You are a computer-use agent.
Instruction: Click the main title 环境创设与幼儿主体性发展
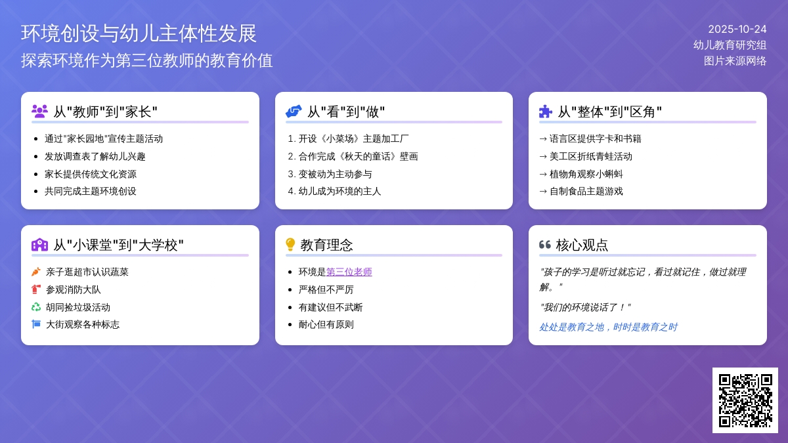click(x=139, y=33)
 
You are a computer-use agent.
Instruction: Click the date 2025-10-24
click(x=737, y=29)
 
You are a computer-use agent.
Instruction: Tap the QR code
click(x=745, y=400)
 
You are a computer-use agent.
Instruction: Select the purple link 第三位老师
click(x=349, y=272)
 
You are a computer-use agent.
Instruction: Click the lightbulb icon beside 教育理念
click(x=290, y=245)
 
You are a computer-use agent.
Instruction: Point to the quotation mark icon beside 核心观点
click(x=544, y=245)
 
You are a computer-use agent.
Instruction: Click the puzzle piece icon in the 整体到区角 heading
click(x=545, y=112)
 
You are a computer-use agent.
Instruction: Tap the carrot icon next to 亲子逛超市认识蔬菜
click(x=36, y=272)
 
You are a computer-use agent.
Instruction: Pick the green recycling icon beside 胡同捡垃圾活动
click(x=36, y=306)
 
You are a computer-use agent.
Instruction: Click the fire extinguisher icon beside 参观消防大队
click(x=36, y=289)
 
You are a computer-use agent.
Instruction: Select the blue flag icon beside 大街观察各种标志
click(x=36, y=324)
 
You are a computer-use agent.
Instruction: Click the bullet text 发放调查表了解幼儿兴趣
click(x=95, y=156)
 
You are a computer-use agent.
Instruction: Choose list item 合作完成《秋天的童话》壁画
click(x=358, y=156)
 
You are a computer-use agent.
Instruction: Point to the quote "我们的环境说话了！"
click(x=585, y=307)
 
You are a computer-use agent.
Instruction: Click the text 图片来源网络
click(x=735, y=60)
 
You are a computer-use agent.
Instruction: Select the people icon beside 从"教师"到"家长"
click(x=39, y=112)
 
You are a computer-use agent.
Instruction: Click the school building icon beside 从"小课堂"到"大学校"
click(x=39, y=245)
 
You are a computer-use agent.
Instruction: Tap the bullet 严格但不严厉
click(x=326, y=289)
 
